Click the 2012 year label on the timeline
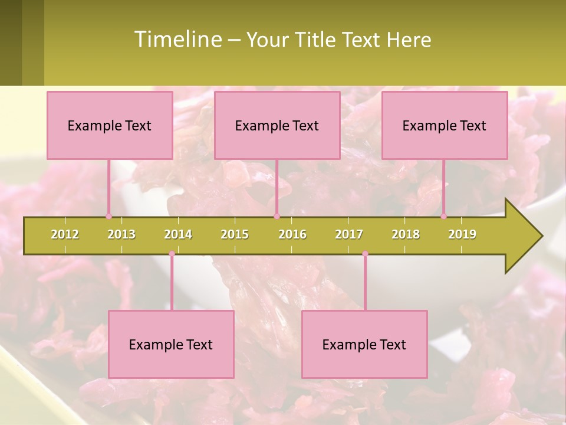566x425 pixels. (65, 234)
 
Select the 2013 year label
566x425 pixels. (121, 234)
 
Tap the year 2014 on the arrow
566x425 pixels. (178, 234)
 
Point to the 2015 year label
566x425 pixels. (235, 234)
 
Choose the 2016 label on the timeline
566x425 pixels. (292, 234)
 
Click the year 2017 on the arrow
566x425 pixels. (349, 234)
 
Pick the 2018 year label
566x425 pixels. (406, 234)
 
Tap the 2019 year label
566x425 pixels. (462, 234)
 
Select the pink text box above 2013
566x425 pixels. (110, 125)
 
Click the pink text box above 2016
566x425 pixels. (277, 125)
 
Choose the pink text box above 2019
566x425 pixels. (445, 125)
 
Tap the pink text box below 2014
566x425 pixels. (171, 344)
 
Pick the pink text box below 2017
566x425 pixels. (364, 344)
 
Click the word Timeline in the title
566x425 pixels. (177, 40)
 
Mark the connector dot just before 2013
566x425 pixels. (108, 217)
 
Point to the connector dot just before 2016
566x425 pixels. (277, 217)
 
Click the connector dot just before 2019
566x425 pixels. (443, 217)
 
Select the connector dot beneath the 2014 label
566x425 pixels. (172, 254)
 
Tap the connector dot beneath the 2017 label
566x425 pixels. (365, 254)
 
